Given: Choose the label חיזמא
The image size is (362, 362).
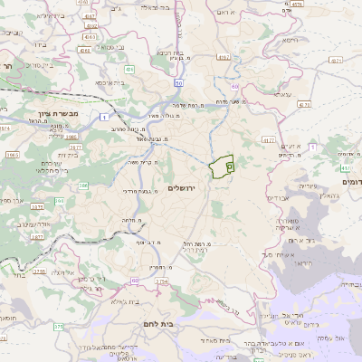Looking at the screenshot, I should click(289, 40).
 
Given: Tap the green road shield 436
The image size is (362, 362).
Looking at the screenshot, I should click(129, 69).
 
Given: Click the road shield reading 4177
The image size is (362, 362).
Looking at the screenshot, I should click(269, 139).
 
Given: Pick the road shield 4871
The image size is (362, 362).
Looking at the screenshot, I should click(335, 59).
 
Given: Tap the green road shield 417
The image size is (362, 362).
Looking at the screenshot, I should click(345, 167).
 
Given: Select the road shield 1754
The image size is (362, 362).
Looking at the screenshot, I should click(163, 282).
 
